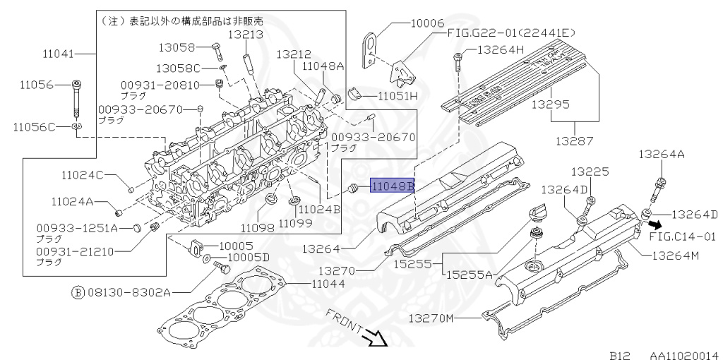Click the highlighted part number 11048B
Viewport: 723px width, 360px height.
tap(393, 186)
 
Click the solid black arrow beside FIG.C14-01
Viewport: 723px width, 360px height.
tap(656, 224)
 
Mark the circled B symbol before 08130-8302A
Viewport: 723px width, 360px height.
tap(78, 291)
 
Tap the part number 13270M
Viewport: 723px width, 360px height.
tap(431, 319)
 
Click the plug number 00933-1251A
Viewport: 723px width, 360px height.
tap(76, 229)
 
